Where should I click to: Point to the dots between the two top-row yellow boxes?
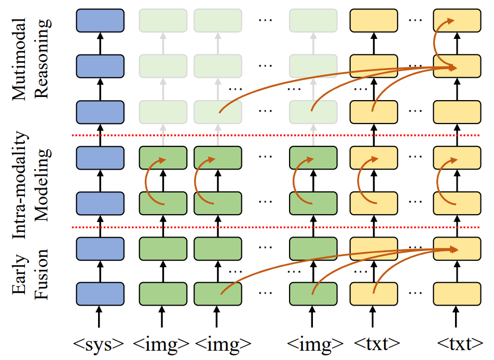[x=415, y=20]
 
